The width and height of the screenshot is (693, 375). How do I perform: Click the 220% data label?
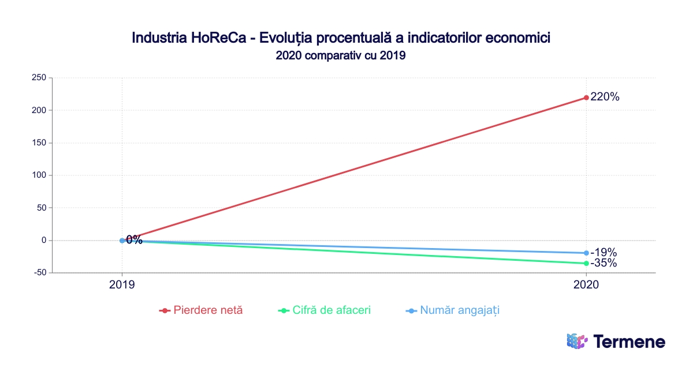(x=605, y=97)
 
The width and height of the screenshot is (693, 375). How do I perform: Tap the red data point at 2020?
(x=586, y=97)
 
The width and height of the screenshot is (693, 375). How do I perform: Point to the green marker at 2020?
(x=586, y=263)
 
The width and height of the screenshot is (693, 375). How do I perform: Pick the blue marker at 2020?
(x=586, y=253)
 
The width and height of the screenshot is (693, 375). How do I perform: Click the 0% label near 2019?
(x=134, y=240)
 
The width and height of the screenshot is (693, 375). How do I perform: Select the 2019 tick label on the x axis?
(x=122, y=284)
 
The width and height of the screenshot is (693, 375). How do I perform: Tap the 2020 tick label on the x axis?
(x=586, y=284)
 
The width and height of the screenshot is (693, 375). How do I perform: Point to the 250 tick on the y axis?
(x=39, y=78)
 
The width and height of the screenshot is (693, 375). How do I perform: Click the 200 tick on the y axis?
(x=39, y=110)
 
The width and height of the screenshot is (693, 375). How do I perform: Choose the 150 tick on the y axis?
(x=39, y=142)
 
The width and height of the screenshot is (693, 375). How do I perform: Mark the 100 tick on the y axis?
(x=39, y=175)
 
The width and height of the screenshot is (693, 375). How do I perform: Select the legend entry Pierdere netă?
(x=208, y=310)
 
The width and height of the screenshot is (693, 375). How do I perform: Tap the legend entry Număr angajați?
(x=459, y=310)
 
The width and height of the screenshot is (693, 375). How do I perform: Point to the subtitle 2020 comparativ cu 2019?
(x=341, y=56)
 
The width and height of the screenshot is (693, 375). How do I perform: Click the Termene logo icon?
(x=577, y=342)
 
